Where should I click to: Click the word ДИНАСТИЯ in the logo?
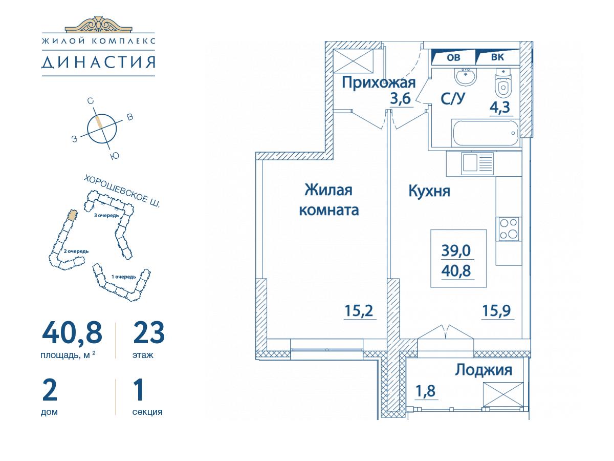[98, 62]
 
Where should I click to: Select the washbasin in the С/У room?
[466, 76]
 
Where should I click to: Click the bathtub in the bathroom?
[486, 133]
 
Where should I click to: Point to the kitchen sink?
[477, 162]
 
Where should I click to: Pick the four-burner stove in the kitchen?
[509, 229]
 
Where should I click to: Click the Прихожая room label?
[379, 83]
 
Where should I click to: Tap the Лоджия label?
[484, 370]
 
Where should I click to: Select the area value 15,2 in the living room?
[359, 310]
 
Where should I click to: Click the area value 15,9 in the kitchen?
[497, 310]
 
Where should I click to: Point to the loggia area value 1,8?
[426, 391]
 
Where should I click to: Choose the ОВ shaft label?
[453, 57]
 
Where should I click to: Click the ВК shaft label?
[497, 57]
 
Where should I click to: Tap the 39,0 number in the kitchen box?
[456, 250]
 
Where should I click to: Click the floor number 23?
[149, 333]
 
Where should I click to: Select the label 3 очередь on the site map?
[106, 215]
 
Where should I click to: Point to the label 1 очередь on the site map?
[124, 277]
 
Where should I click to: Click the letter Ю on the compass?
[115, 156]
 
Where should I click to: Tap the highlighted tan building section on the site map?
[73, 215]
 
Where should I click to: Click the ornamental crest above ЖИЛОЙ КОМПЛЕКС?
[98, 24]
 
